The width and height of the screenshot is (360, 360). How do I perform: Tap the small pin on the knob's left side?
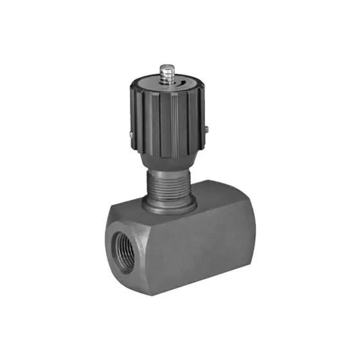click(130, 134)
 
